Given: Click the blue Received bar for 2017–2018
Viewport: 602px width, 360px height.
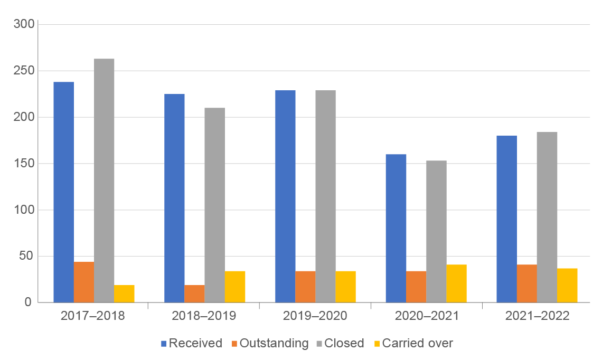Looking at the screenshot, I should [63, 192].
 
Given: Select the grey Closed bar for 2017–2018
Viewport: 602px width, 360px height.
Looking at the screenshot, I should [104, 181].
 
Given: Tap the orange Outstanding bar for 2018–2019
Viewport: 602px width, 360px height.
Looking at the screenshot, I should [194, 293].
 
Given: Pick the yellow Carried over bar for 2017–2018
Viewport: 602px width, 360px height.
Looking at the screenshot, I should [125, 293].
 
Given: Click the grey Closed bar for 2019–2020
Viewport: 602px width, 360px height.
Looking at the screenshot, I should [325, 196].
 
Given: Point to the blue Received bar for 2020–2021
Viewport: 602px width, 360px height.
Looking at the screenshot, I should [396, 228].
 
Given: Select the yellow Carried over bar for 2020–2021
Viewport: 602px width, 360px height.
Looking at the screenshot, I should [457, 283].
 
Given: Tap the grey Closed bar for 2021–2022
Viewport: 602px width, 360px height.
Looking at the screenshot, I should [547, 217].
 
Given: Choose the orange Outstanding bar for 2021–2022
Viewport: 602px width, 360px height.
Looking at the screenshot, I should [527, 283].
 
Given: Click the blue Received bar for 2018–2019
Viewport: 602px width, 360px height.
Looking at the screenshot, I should [174, 198].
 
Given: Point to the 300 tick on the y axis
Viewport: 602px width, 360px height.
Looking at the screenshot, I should [24, 24].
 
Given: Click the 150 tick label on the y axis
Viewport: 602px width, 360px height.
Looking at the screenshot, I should [24, 164].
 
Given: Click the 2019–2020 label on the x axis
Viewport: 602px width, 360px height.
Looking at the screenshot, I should [315, 316].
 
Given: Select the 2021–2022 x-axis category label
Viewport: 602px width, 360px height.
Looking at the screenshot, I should [538, 316].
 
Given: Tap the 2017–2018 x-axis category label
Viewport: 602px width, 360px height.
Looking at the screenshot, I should [93, 316].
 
